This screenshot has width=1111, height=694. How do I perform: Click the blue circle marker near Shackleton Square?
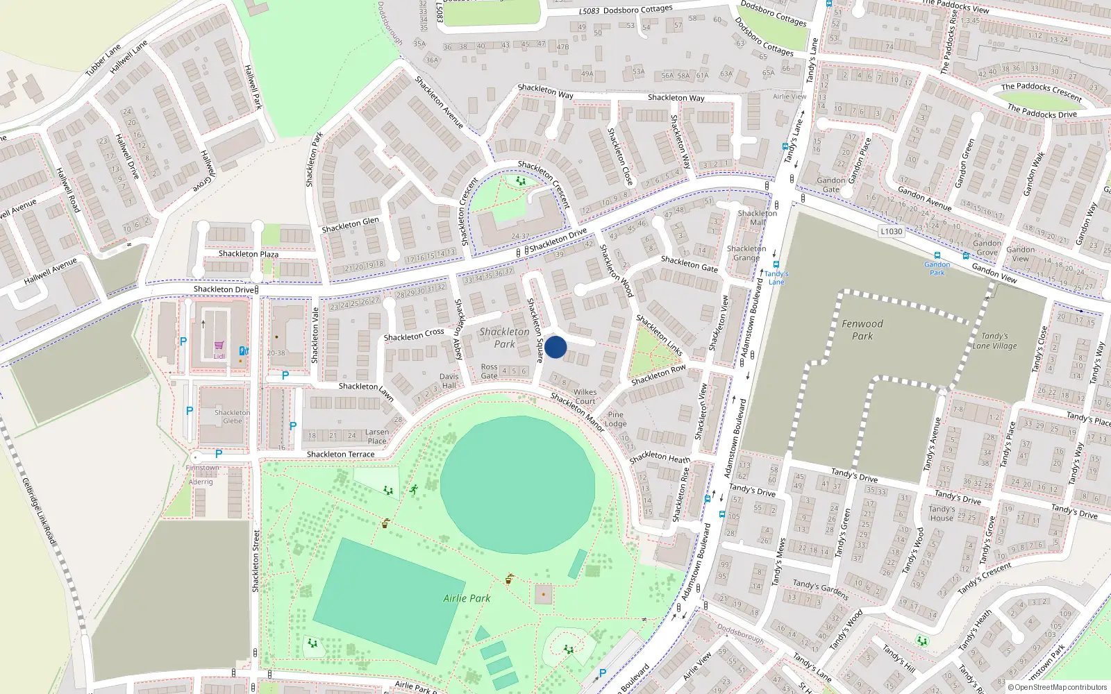[x=555, y=347]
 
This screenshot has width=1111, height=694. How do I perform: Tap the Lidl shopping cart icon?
[x=219, y=345]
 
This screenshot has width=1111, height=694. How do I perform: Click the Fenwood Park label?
[x=862, y=330]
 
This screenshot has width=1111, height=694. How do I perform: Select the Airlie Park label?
[x=467, y=598]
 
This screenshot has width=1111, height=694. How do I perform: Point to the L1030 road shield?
[x=891, y=232]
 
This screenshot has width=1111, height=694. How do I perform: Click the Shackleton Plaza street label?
[x=249, y=254]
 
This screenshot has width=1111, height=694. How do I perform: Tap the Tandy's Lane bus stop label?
[x=776, y=278]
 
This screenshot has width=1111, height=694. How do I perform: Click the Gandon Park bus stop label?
[x=937, y=269]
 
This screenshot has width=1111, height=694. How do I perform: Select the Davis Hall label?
[x=449, y=381]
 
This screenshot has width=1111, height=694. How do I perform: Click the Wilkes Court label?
[x=585, y=396]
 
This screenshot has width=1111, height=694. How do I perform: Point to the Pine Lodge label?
[x=615, y=419]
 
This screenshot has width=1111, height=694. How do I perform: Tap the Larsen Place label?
[x=377, y=436]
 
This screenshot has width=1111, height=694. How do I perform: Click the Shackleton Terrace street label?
[x=340, y=455]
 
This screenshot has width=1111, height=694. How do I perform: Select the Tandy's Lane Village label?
[x=994, y=341]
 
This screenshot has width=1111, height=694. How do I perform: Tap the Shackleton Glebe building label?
[x=232, y=416]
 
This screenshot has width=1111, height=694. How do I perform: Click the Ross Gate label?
[x=490, y=371]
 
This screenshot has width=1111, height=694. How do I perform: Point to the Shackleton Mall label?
[x=758, y=218]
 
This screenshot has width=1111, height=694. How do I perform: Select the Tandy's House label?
[x=942, y=514]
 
